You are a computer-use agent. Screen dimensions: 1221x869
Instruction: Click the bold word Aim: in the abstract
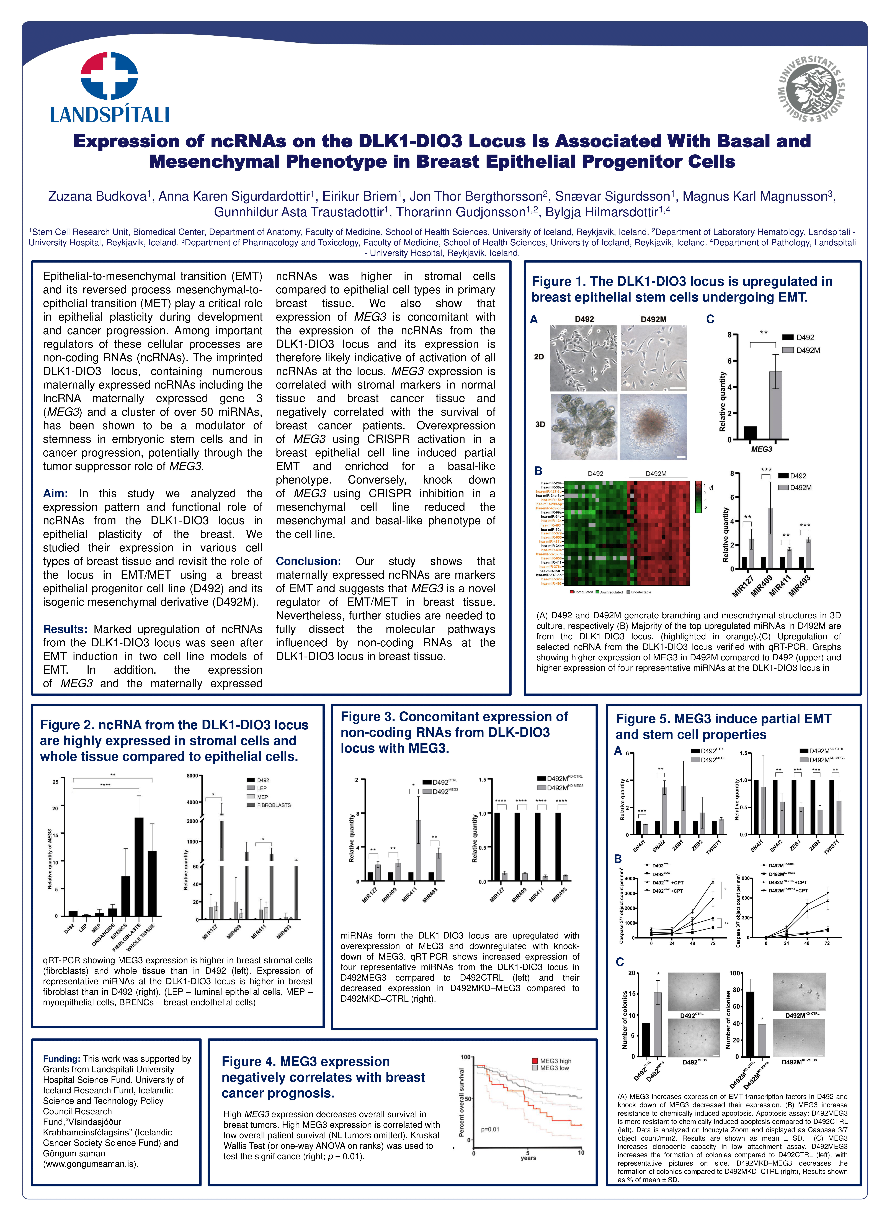[x=55, y=493]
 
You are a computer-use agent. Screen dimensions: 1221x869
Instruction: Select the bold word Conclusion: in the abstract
[x=308, y=561]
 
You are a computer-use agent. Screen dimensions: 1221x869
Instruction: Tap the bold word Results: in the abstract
[x=65, y=629]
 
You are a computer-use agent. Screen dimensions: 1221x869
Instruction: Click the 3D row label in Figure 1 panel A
[x=540, y=424]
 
